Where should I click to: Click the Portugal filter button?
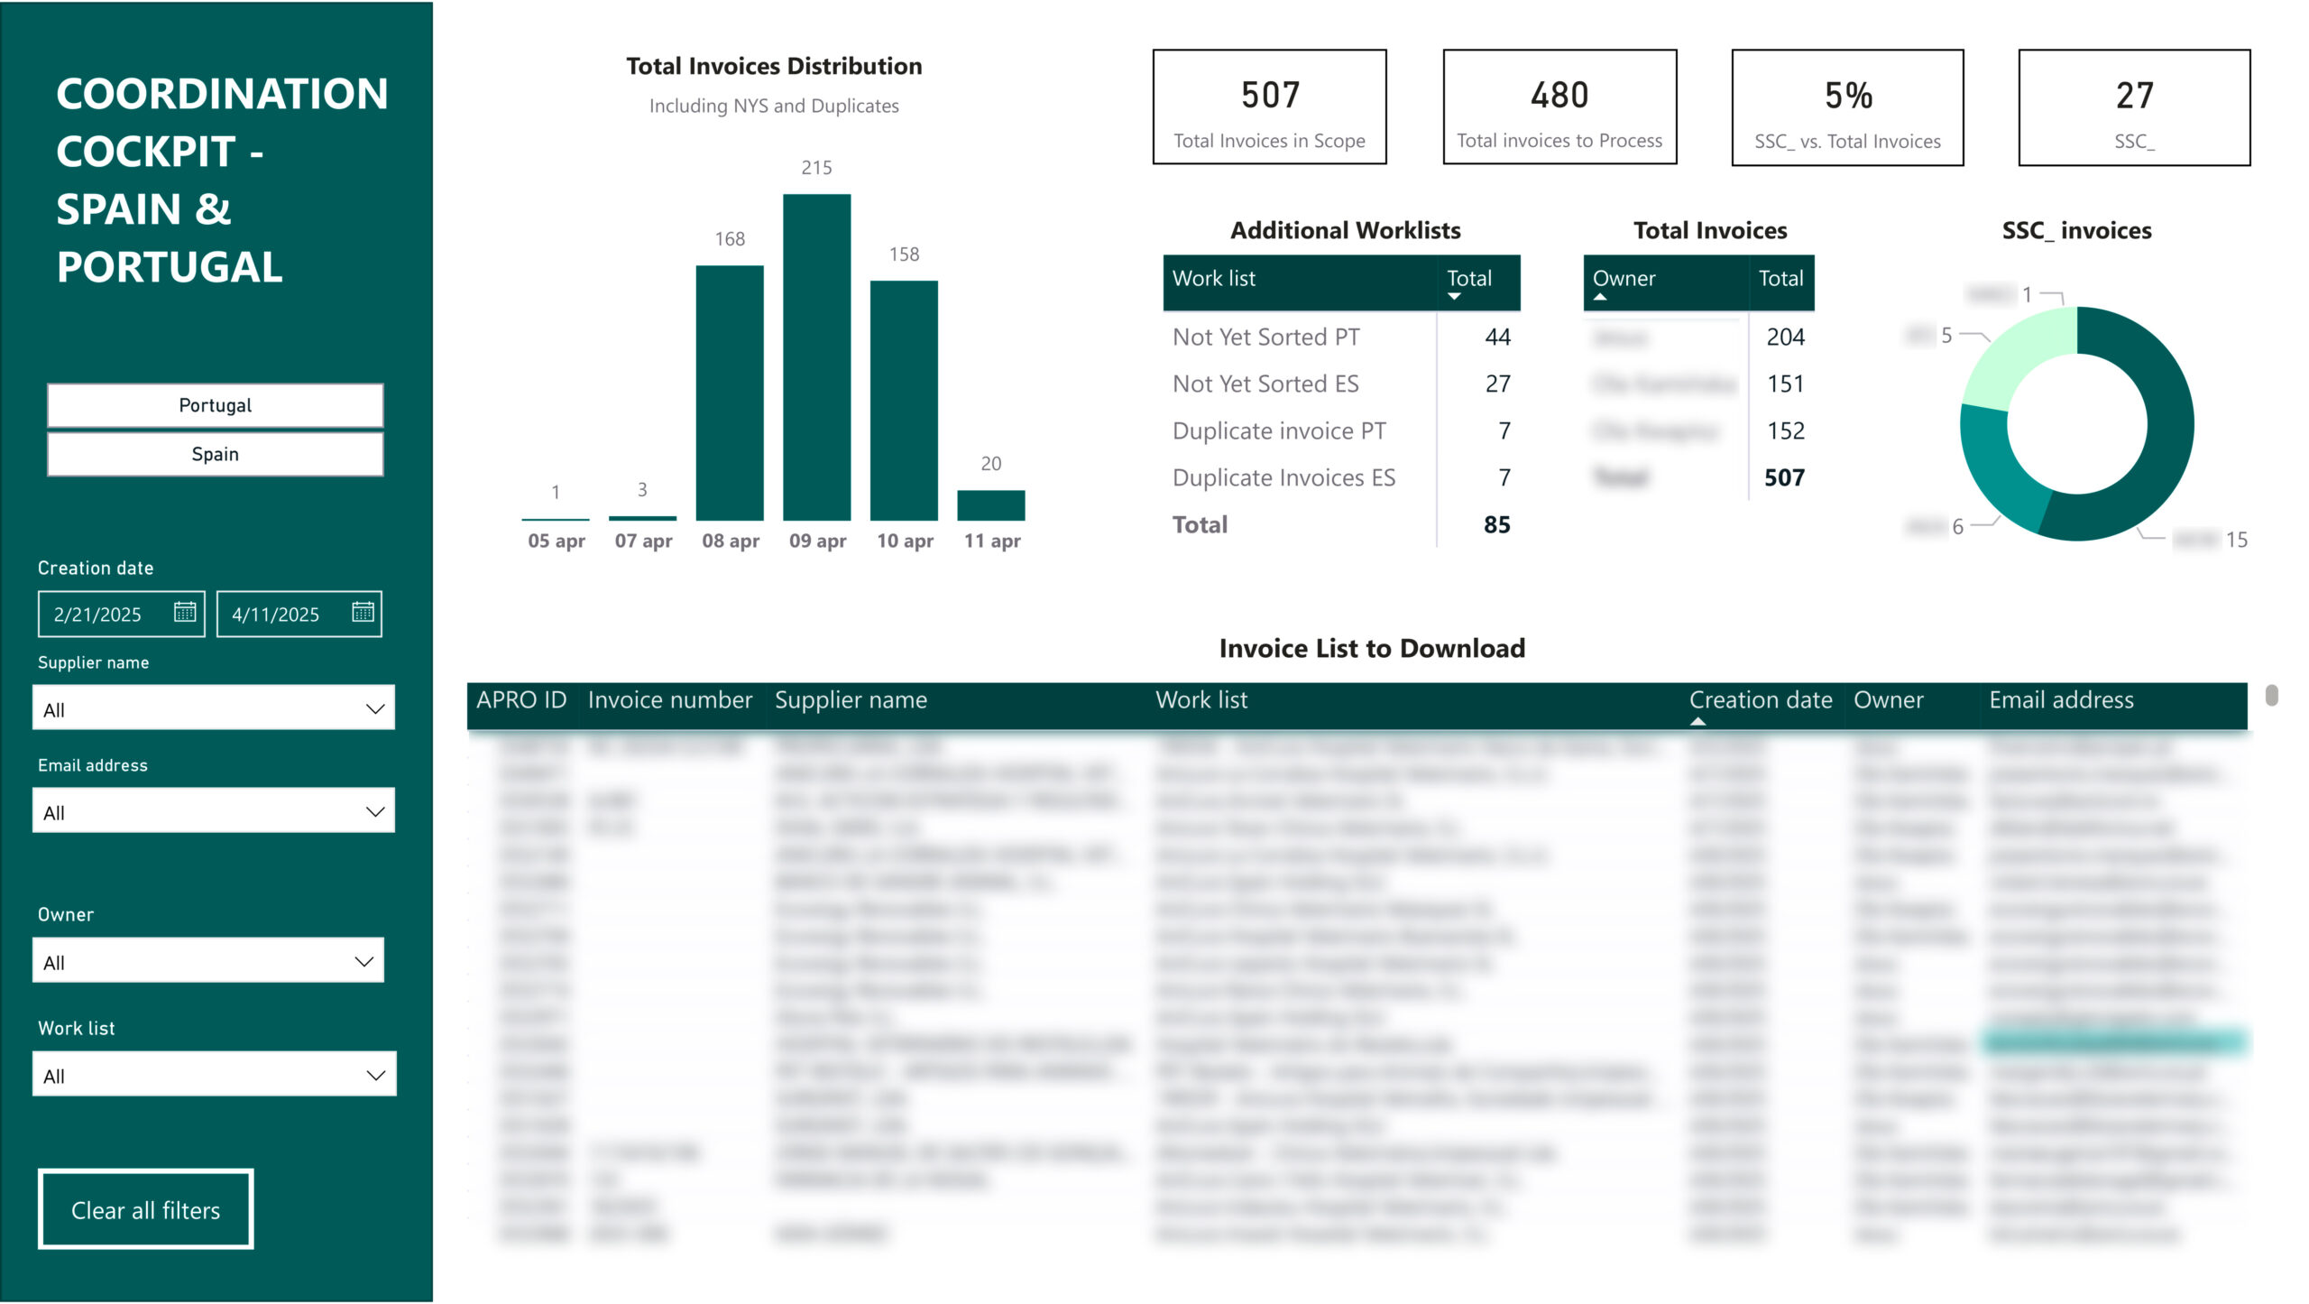(x=215, y=405)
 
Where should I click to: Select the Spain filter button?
(x=215, y=454)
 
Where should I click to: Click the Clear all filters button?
(x=145, y=1209)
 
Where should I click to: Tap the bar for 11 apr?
(x=990, y=505)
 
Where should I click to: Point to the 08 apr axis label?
(x=731, y=541)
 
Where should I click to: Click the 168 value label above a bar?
(x=730, y=239)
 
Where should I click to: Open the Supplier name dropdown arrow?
(x=375, y=709)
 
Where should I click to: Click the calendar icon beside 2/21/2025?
(x=185, y=613)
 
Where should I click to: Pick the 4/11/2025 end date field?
(x=276, y=615)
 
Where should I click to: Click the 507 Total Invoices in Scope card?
(x=1269, y=107)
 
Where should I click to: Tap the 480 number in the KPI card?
(x=1559, y=96)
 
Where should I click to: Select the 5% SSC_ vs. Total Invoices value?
(x=1848, y=96)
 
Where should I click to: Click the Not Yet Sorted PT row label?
(x=1265, y=337)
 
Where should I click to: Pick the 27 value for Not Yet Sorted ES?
(x=1497, y=384)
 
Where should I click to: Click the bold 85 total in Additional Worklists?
(x=1496, y=524)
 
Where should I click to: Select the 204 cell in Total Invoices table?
(x=1784, y=337)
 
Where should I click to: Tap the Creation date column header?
(x=1760, y=700)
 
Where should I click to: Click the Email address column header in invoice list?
(x=2061, y=700)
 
